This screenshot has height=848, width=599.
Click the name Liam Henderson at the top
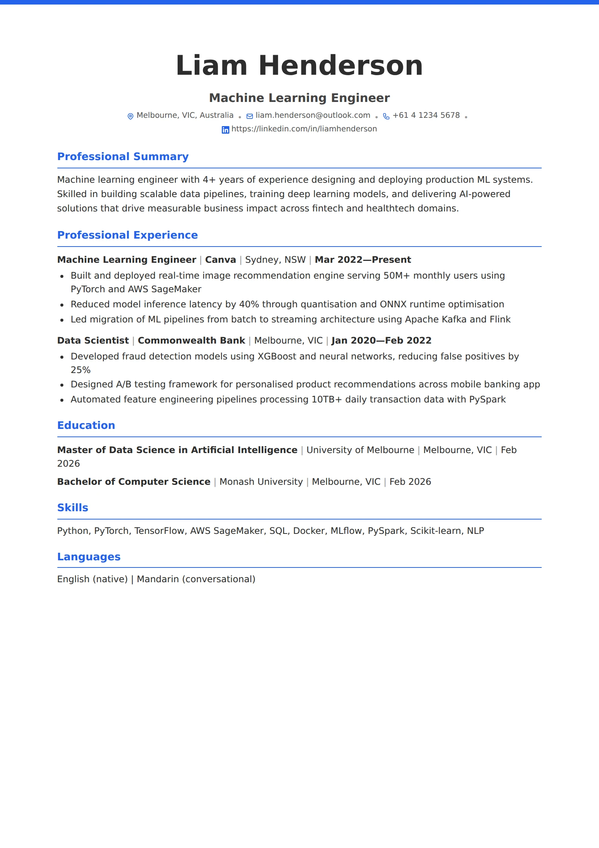[299, 65]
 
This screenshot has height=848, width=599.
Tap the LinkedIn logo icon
[225, 130]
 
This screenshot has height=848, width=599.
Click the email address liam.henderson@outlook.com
[313, 115]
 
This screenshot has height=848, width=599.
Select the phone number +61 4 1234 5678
[426, 115]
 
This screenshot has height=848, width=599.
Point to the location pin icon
[131, 116]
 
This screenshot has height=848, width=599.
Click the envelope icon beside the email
[250, 116]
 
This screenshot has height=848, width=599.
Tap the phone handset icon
[386, 116]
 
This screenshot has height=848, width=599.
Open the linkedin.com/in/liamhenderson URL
[304, 129]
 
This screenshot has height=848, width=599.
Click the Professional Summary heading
[123, 156]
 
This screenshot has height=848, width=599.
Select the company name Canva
[220, 260]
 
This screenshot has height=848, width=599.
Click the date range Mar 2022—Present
[362, 260]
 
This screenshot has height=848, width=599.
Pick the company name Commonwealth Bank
[191, 341]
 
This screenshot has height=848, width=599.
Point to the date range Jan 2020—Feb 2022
[381, 341]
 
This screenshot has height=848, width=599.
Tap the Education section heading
[86, 425]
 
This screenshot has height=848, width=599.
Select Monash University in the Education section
[261, 482]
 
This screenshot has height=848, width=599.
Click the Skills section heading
[72, 507]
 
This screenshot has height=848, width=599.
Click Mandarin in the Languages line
[158, 579]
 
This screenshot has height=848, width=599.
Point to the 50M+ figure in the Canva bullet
[396, 276]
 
